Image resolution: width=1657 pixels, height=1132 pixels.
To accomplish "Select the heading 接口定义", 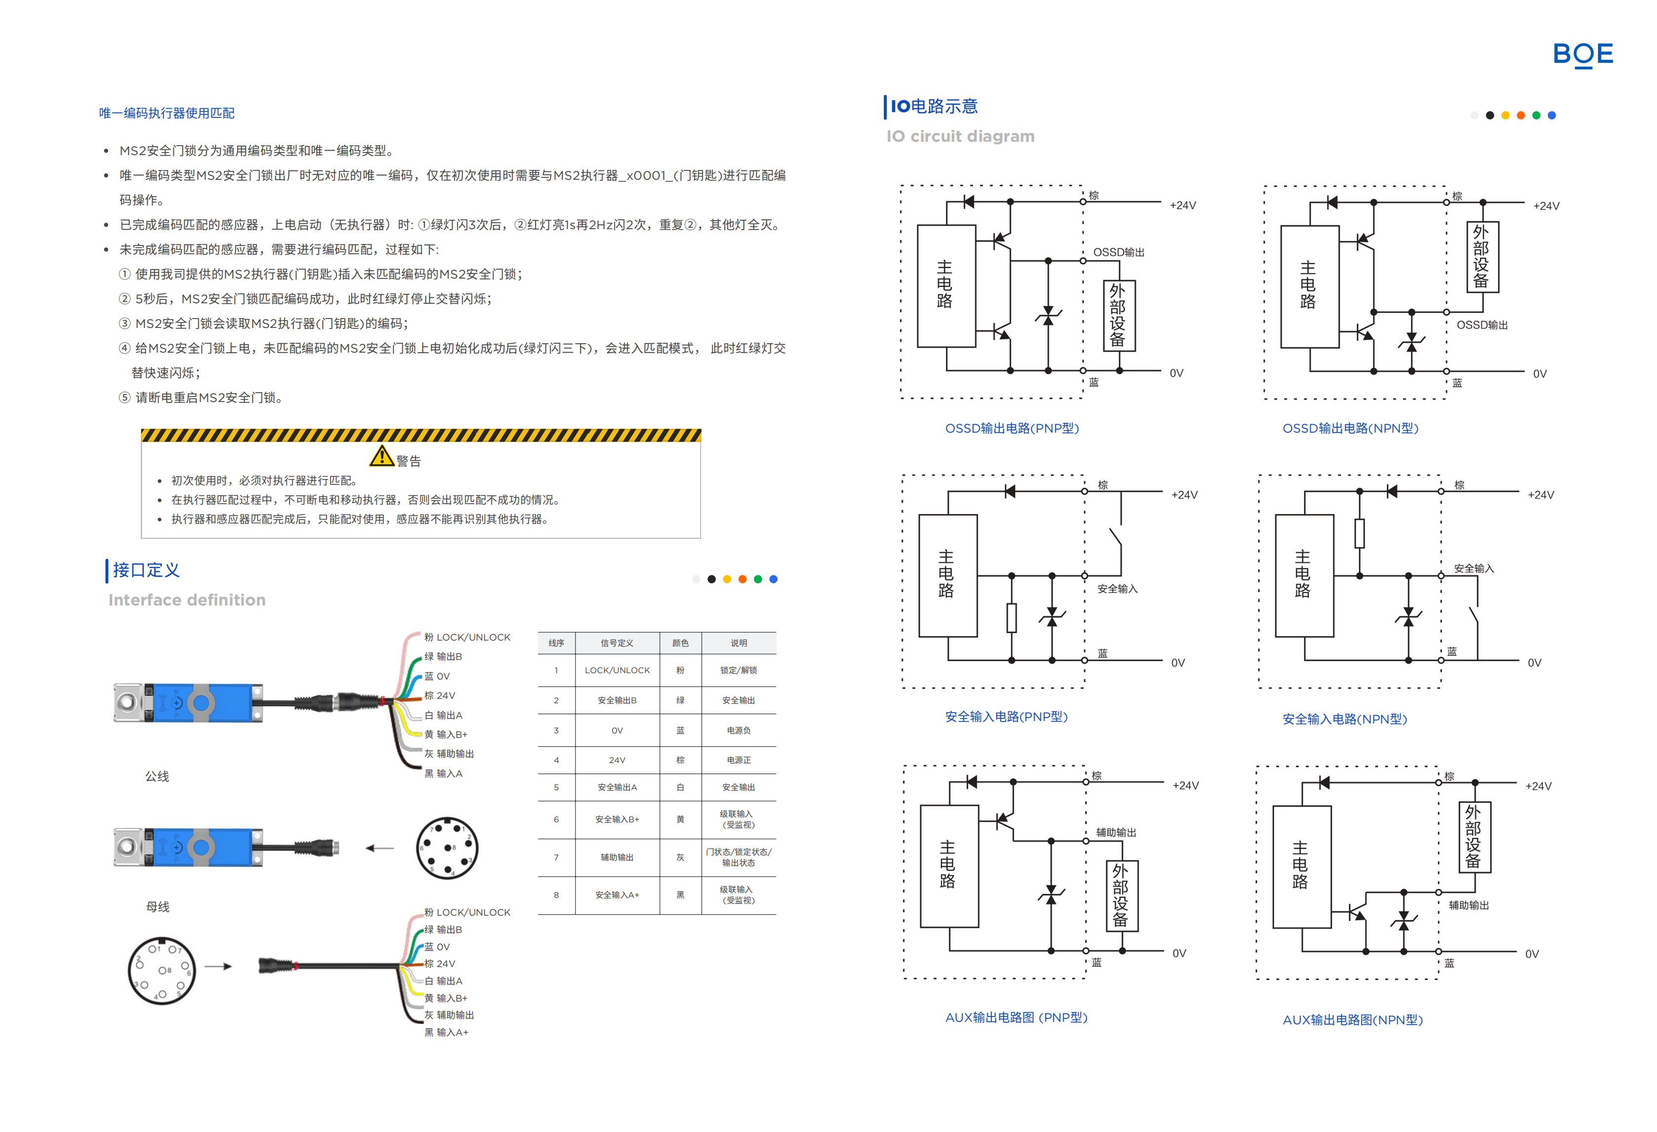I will click(146, 570).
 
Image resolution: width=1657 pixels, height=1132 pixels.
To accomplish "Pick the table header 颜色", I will click(680, 643).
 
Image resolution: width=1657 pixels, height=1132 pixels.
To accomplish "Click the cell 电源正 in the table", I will click(738, 761).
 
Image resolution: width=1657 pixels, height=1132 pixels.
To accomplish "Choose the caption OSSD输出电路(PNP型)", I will click(1012, 428).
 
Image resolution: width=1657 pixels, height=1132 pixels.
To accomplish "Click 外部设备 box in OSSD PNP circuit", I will click(1118, 316).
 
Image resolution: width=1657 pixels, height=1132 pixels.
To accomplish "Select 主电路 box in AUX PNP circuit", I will click(948, 866).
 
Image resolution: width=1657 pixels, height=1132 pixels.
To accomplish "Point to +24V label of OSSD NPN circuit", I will click(1546, 206).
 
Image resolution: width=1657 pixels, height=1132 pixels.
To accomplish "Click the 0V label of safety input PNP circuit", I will click(1178, 663).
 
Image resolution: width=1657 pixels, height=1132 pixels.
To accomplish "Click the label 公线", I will click(157, 776).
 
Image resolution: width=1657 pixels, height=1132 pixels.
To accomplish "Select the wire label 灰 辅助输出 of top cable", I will click(449, 754).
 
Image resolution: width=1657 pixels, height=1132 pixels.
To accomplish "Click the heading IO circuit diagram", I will click(960, 136).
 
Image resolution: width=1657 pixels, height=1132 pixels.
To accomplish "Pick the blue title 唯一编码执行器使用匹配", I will click(167, 113).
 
